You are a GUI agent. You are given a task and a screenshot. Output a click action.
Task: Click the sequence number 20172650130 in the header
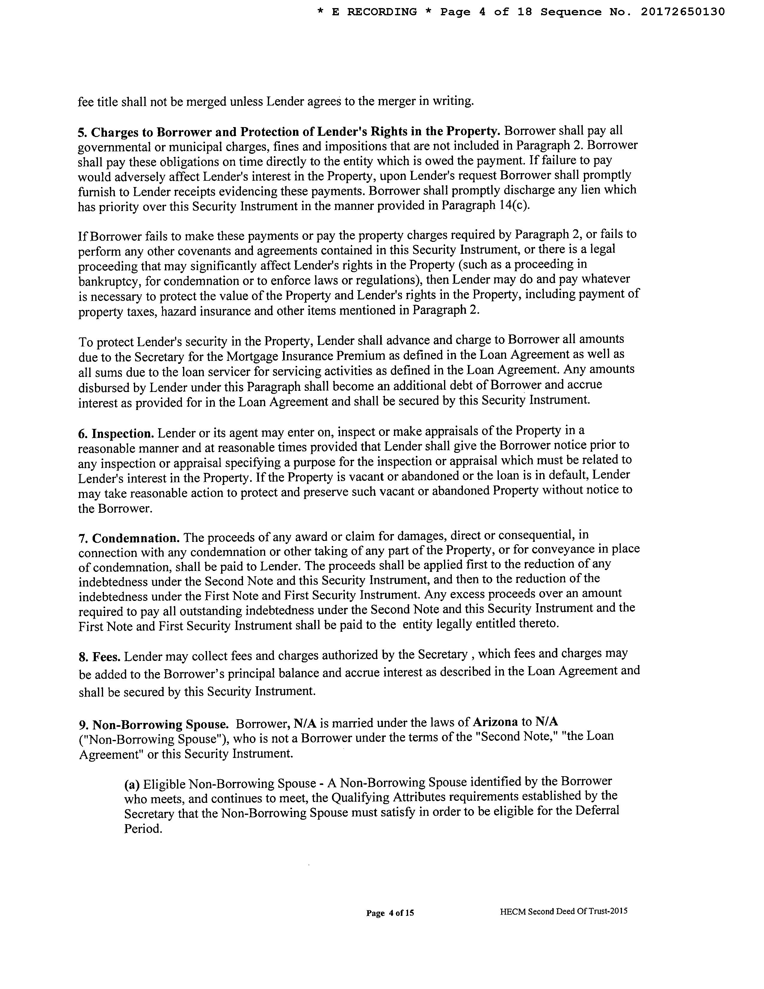click(683, 12)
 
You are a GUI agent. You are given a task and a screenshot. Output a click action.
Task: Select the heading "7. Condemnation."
click(129, 539)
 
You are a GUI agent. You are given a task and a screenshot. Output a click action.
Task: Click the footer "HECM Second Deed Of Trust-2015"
click(564, 911)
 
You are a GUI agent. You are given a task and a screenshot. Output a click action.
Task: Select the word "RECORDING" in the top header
click(381, 12)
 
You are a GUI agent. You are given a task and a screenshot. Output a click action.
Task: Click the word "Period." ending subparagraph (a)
click(143, 829)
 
